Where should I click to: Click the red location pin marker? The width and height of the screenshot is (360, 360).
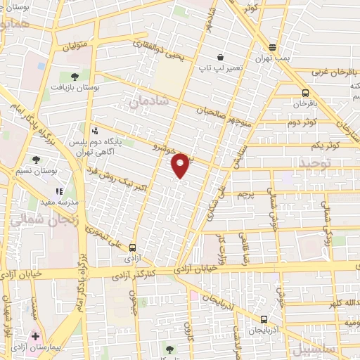point(181,165)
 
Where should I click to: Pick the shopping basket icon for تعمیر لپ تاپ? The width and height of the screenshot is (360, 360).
point(220,58)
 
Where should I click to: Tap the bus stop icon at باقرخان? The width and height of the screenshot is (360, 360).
point(305,93)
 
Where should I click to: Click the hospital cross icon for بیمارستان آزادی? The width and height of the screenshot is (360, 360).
point(35,336)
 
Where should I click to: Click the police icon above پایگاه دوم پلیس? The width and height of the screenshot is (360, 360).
point(94,130)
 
